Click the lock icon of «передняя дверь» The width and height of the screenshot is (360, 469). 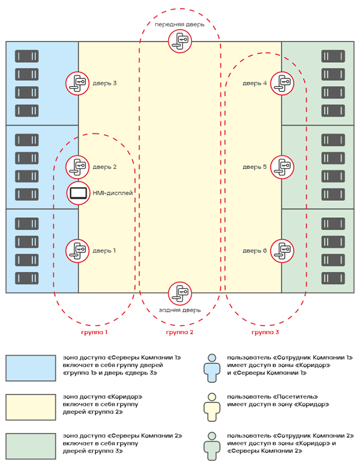point(179,41)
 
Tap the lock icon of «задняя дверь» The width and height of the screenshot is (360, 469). point(179,292)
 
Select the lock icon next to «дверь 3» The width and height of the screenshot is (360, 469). point(77,82)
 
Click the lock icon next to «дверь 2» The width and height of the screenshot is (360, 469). point(77,167)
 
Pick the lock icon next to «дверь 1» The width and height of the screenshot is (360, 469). point(77,251)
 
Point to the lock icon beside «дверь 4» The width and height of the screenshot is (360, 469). point(282,82)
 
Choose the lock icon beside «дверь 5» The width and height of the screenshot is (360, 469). point(282,167)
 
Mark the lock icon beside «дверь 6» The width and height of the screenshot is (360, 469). point(282,251)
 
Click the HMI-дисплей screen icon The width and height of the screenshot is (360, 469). point(79,193)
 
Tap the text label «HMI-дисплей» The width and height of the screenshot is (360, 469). point(113,193)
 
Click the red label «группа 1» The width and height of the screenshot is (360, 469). point(94,333)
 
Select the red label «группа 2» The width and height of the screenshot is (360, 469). point(179,333)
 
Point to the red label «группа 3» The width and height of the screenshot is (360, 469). point(265,333)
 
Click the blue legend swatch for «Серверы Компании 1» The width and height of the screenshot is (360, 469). point(31,368)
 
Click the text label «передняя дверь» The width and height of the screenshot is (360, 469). point(179,24)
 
